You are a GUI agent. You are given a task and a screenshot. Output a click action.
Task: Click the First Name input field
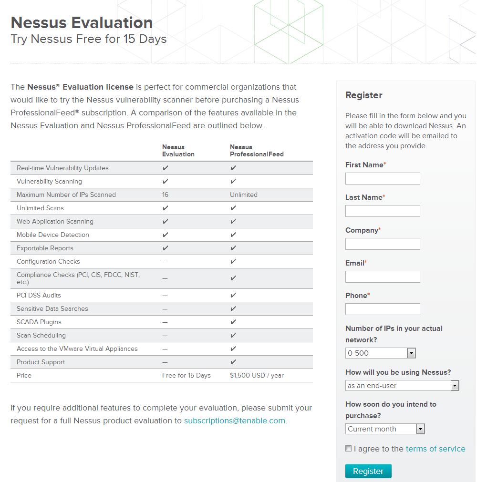click(383, 179)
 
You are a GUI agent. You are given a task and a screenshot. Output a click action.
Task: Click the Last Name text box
click(383, 211)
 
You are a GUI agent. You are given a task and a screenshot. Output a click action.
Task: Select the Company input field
click(383, 244)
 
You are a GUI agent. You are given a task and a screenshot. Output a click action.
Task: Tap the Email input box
click(383, 277)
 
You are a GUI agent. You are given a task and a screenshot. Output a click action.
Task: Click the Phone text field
click(383, 309)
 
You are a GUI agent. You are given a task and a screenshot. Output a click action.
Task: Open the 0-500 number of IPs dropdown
click(381, 353)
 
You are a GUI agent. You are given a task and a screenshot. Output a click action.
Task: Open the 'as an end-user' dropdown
click(402, 386)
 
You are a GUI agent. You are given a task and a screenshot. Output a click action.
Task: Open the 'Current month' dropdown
click(385, 429)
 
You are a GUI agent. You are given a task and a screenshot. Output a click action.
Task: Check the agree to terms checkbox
click(349, 449)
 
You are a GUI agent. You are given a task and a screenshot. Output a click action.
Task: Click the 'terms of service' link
click(435, 449)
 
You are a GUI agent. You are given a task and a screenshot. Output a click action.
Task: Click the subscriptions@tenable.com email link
click(235, 420)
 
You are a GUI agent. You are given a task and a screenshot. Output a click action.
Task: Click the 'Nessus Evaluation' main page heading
click(82, 22)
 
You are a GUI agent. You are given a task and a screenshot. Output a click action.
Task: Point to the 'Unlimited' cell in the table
click(244, 195)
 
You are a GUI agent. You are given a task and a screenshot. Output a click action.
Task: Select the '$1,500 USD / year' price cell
click(257, 375)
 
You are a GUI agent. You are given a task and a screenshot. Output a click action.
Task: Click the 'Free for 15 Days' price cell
click(187, 375)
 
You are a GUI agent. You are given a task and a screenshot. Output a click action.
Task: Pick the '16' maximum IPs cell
click(165, 195)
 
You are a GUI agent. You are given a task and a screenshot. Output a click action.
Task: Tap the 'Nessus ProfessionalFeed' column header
click(257, 151)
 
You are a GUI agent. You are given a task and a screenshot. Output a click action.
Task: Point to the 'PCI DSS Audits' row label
click(39, 295)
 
